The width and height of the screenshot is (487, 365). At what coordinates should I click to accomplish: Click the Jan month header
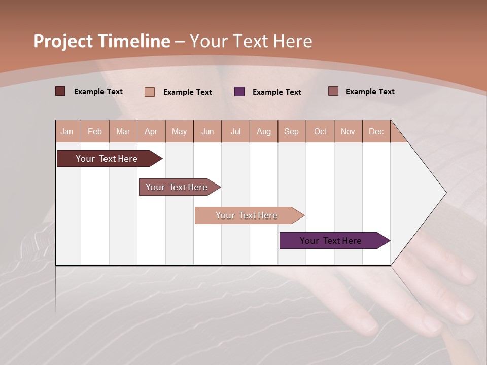(67, 131)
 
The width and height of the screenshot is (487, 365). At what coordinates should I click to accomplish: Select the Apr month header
(151, 131)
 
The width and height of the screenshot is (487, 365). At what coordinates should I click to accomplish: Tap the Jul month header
(235, 131)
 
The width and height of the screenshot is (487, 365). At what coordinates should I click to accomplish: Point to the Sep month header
(291, 131)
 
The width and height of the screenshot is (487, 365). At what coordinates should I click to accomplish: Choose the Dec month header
(376, 131)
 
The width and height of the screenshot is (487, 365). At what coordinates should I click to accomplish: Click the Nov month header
(347, 131)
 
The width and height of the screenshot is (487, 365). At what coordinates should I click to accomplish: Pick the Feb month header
(95, 131)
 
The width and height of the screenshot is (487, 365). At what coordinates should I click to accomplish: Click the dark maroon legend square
(60, 91)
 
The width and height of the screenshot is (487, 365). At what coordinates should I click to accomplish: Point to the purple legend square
(239, 91)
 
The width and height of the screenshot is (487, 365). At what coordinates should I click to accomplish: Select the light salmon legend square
(150, 92)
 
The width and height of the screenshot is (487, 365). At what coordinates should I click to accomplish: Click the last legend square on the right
(333, 91)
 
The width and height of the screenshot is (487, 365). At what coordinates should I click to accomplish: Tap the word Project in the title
(62, 41)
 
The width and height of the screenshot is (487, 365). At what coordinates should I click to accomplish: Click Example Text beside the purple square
(277, 92)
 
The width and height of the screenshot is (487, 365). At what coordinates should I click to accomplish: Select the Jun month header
(207, 131)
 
